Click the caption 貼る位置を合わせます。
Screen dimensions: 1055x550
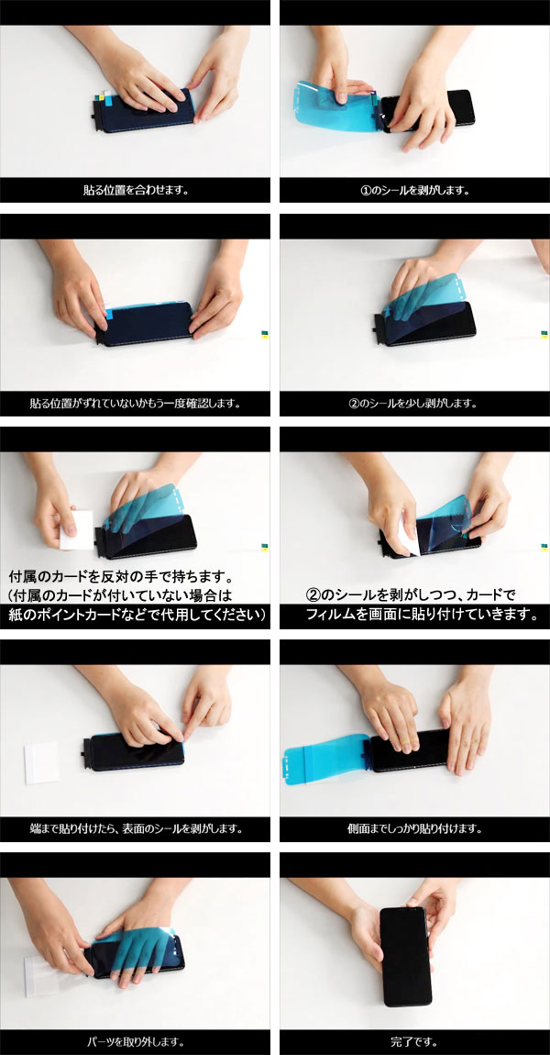tap(135, 192)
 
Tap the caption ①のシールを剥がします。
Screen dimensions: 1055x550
tap(415, 192)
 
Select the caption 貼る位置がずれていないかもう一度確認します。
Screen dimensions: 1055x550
tap(135, 403)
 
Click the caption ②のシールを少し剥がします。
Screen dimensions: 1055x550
tap(415, 403)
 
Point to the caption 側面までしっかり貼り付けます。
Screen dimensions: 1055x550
tap(415, 828)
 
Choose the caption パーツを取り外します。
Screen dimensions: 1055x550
tap(135, 1042)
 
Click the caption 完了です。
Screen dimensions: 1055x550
tap(415, 1042)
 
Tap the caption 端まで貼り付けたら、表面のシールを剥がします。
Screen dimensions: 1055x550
tap(135, 828)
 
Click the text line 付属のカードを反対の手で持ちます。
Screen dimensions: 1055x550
tap(120, 578)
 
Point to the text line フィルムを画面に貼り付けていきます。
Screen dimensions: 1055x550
tap(421, 614)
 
